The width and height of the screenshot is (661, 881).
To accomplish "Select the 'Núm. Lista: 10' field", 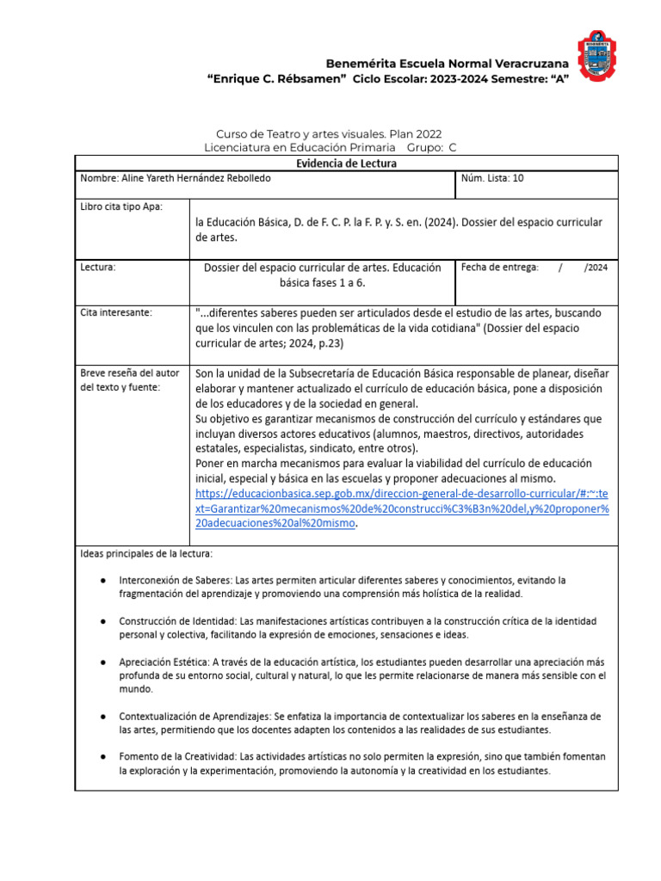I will [x=492, y=179].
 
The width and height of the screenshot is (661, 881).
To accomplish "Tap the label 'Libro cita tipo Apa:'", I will [x=121, y=206].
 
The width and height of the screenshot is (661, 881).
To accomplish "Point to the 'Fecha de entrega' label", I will [x=499, y=268].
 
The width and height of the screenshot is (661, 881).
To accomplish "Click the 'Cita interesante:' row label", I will [x=116, y=312].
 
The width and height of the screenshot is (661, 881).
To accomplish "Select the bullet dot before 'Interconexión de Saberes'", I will [x=103, y=581].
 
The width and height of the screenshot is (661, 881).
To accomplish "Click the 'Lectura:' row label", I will [x=97, y=268].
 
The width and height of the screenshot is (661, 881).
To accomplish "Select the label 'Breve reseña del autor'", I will [x=130, y=373].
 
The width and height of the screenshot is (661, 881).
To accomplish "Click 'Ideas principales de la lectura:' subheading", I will [x=146, y=553].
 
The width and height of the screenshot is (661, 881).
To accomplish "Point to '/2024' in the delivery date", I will [x=596, y=268].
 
